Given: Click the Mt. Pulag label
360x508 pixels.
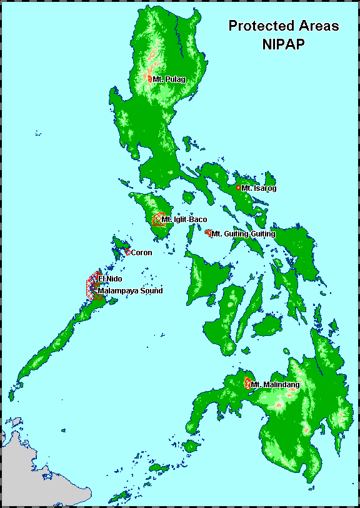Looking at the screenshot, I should click(x=169, y=79).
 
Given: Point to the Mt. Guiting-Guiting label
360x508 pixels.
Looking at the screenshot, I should click(x=243, y=234).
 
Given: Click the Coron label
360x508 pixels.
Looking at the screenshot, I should click(x=141, y=253).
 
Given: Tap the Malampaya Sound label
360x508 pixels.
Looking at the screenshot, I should click(x=130, y=291).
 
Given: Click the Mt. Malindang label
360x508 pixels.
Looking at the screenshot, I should click(x=275, y=384).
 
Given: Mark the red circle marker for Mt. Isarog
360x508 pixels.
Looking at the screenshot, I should click(x=238, y=187).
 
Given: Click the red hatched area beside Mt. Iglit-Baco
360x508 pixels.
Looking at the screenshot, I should click(x=157, y=220).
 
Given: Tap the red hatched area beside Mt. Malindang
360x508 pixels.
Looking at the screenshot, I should click(x=248, y=384).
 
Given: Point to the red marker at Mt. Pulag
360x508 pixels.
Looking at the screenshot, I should click(x=150, y=79).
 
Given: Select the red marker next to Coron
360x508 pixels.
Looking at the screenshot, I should click(x=127, y=252).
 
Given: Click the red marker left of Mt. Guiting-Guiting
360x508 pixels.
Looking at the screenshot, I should click(x=207, y=233).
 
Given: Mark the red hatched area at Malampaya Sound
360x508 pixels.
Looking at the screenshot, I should click(x=94, y=292).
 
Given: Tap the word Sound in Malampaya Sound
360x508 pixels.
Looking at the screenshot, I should click(x=150, y=291).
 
